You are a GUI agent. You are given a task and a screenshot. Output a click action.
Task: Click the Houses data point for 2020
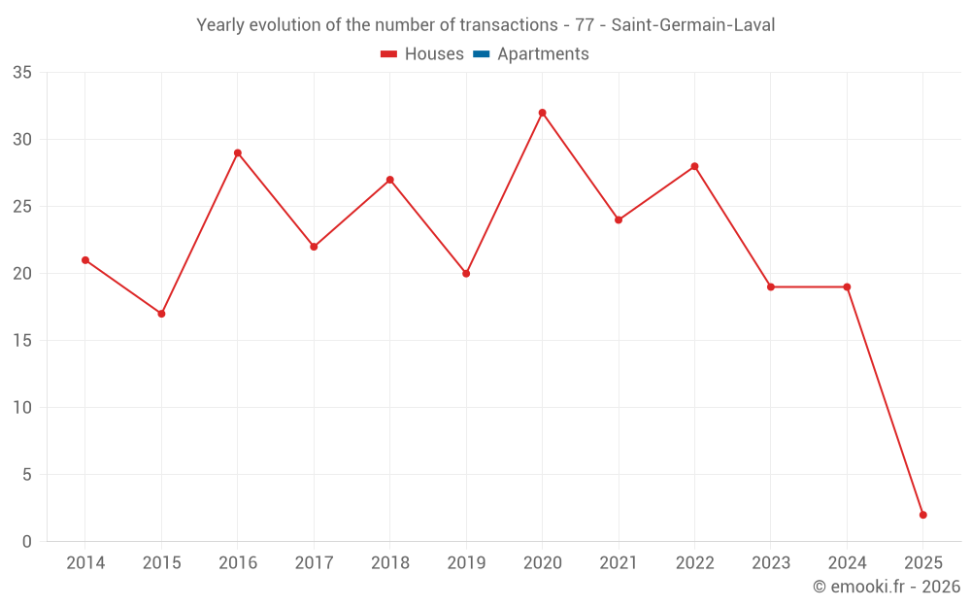542,113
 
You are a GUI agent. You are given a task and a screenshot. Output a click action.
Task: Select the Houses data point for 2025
922,515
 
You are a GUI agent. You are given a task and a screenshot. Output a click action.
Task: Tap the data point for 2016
237,152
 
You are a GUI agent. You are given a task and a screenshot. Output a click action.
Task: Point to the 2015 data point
161,314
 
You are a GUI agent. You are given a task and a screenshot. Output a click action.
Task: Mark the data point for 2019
466,274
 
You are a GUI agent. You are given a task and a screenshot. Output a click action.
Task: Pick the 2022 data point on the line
694,166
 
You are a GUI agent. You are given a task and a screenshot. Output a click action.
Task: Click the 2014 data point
85,260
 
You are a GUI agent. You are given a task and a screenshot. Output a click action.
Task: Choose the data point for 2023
770,287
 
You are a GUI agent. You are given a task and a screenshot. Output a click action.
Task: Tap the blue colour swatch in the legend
481,54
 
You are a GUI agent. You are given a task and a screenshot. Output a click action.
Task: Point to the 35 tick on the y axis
22,73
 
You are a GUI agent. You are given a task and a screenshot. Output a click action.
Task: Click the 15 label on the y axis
22,341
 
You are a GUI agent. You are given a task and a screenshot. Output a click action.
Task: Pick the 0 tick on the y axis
27,542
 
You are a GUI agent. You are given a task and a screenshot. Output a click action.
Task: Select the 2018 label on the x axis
389,563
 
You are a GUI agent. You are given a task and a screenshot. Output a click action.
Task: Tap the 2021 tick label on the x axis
618,563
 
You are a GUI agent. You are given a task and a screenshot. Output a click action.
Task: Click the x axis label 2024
847,563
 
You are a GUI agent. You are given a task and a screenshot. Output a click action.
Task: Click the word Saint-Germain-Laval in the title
693,25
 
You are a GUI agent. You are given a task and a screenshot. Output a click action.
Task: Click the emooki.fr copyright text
887,587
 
